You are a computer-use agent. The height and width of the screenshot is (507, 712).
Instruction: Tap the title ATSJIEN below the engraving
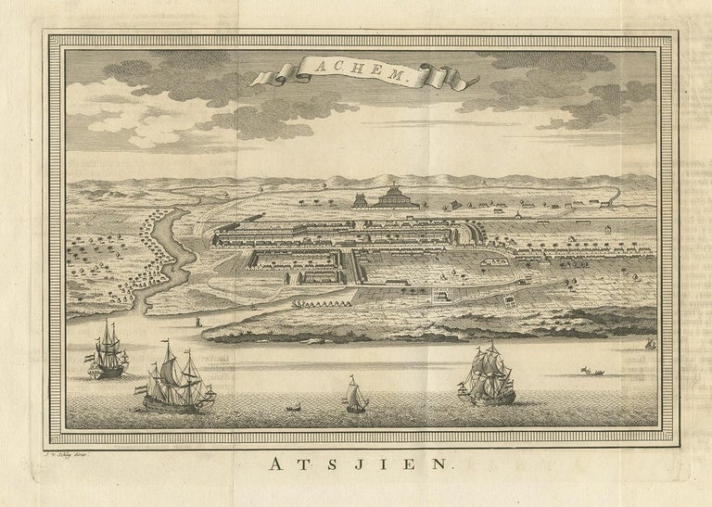tap(356, 467)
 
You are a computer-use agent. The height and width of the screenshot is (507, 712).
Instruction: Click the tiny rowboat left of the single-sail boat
tap(294, 407)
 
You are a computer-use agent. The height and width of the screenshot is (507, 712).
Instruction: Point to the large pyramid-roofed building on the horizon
tap(394, 196)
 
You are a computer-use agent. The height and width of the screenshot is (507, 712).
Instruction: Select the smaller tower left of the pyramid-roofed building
tap(358, 199)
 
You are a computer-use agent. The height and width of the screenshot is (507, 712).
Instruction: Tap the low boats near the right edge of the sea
tap(591, 372)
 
